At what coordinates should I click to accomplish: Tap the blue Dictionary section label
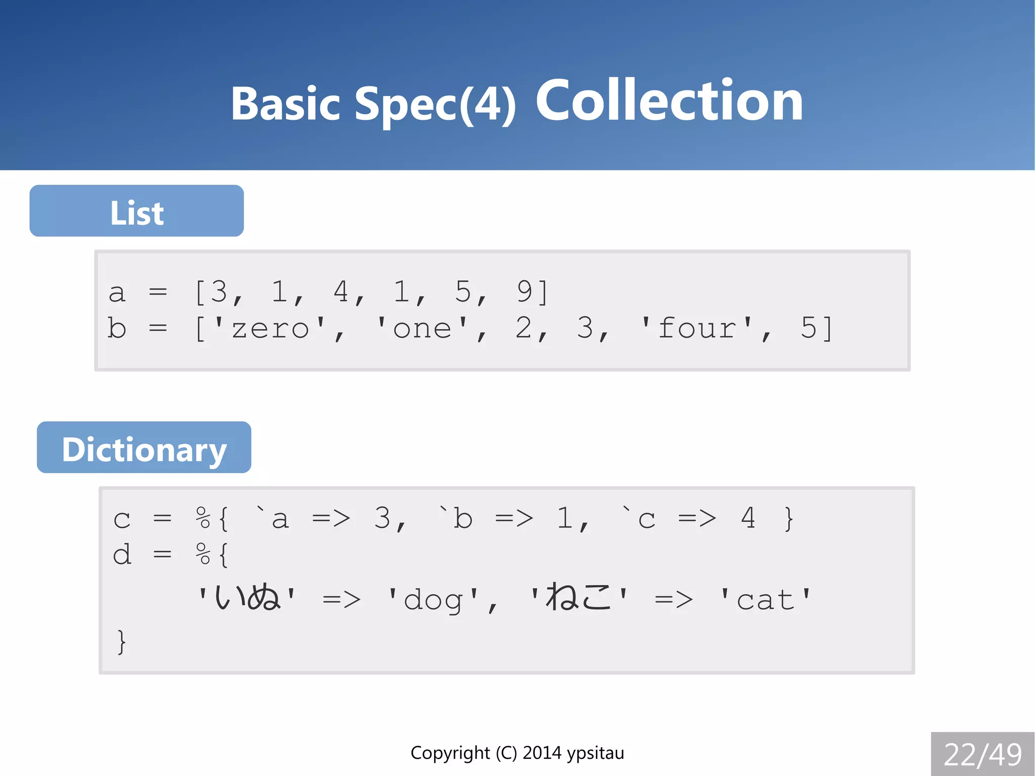(x=144, y=448)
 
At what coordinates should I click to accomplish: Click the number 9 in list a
(x=525, y=292)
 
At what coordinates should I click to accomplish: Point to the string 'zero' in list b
(x=269, y=329)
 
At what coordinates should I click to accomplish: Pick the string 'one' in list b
(x=422, y=329)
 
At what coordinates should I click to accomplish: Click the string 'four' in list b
(x=697, y=329)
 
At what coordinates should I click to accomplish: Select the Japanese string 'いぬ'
(x=247, y=598)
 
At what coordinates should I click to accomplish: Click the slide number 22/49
(x=982, y=755)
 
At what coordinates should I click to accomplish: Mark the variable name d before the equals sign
(x=122, y=555)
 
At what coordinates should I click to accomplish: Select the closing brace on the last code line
(x=121, y=642)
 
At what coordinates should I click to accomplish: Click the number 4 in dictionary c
(x=748, y=519)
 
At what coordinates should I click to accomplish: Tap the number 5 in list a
(x=463, y=292)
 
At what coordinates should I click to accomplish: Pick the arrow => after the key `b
(x=514, y=519)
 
